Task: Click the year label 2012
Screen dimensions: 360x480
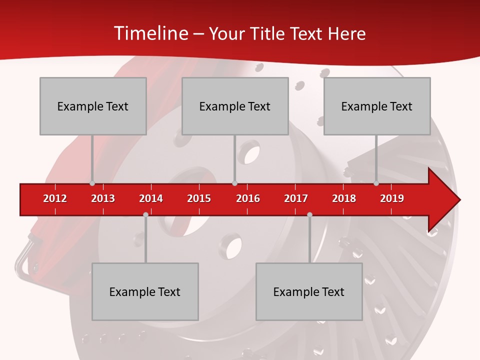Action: tap(55, 198)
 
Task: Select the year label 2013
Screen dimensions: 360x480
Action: tap(103, 198)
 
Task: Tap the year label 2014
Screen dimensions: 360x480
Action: tap(151, 198)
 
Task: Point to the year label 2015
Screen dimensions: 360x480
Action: tap(199, 198)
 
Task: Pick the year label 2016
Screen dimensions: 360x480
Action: tap(248, 198)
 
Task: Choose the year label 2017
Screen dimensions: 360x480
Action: tap(296, 198)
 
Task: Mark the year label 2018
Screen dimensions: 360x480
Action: tap(344, 198)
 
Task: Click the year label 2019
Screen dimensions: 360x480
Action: tap(392, 198)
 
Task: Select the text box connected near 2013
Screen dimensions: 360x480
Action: tap(93, 106)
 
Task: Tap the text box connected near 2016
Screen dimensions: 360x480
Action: tap(235, 106)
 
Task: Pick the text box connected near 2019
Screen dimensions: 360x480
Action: tap(377, 106)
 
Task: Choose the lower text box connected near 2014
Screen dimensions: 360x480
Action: tap(145, 291)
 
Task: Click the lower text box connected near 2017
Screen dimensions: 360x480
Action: tap(309, 291)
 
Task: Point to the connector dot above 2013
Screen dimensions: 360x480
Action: tap(92, 183)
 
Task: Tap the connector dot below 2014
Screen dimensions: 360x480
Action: tap(145, 214)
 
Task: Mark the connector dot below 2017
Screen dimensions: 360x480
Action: tap(309, 214)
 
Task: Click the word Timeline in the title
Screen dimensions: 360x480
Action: tap(150, 33)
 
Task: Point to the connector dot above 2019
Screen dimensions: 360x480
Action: tap(376, 183)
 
